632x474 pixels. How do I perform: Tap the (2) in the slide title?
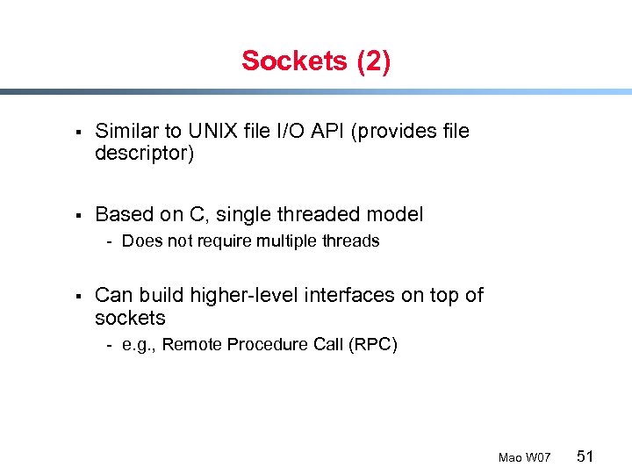coord(373,61)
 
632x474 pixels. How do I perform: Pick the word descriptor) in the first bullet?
coord(144,154)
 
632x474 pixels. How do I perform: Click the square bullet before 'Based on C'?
coord(78,215)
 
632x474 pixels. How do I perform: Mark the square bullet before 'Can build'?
coord(78,296)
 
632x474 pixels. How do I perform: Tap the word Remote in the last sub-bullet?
coord(192,344)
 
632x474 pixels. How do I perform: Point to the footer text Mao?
coord(510,457)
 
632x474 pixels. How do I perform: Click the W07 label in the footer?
coord(538,457)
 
